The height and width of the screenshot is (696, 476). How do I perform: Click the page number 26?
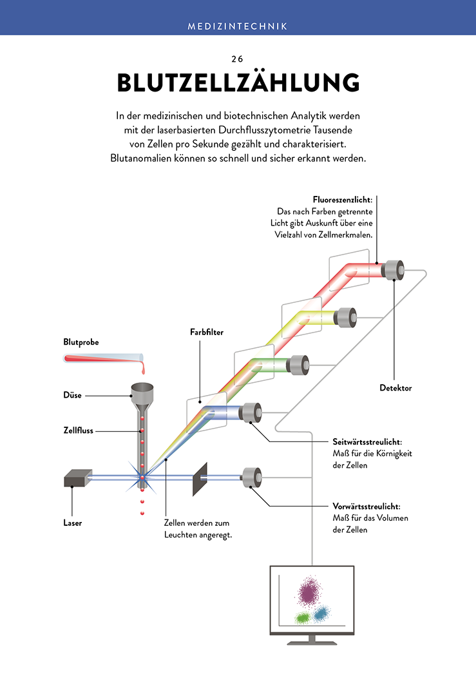pyautogui.click(x=237, y=59)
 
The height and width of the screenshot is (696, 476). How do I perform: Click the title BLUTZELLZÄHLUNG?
pyautogui.click(x=238, y=82)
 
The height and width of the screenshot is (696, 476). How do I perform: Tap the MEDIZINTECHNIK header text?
pyautogui.click(x=238, y=26)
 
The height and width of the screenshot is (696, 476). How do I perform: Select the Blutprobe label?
pyautogui.click(x=81, y=342)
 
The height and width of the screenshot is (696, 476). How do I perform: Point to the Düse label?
pyautogui.click(x=73, y=395)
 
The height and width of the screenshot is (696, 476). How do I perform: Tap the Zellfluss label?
pyautogui.click(x=79, y=430)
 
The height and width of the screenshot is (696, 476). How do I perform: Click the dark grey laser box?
pyautogui.click(x=78, y=478)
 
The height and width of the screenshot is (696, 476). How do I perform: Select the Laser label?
pyautogui.click(x=73, y=523)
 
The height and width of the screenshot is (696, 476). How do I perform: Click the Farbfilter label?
pyautogui.click(x=207, y=332)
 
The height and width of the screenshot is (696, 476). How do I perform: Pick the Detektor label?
pyautogui.click(x=395, y=388)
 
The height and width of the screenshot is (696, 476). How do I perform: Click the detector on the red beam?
pyautogui.click(x=393, y=270)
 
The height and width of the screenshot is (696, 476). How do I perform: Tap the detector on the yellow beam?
pyautogui.click(x=345, y=317)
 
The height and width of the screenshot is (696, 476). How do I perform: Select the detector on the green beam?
pyautogui.click(x=298, y=365)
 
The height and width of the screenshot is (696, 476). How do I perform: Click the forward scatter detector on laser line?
pyautogui.click(x=252, y=478)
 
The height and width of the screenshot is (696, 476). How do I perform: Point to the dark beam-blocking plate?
pyautogui.click(x=200, y=479)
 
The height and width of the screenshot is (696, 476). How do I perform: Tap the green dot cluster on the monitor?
pyautogui.click(x=303, y=617)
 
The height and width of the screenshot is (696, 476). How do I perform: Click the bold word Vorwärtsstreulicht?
pyautogui.click(x=366, y=507)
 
